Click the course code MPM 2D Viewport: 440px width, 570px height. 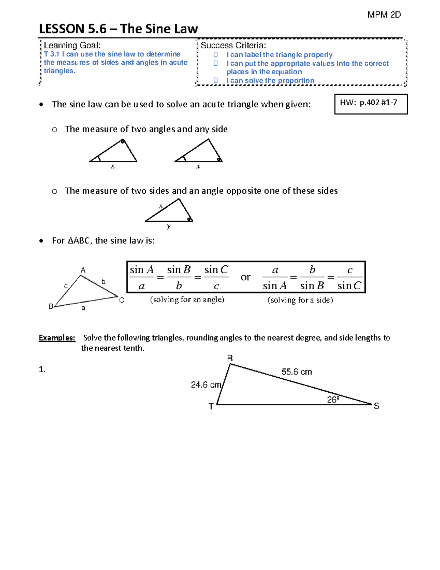tap(384, 15)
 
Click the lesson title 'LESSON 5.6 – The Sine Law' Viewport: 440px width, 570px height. tap(118, 29)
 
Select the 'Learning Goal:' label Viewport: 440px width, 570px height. tap(72, 45)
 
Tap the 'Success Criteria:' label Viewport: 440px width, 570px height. tap(233, 45)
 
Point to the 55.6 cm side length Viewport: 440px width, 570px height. tap(297, 372)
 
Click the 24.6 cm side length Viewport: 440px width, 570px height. tap(206, 385)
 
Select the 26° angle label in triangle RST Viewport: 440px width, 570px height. tap(333, 400)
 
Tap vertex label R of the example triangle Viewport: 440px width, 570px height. tap(230, 358)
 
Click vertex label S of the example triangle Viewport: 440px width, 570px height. tap(376, 406)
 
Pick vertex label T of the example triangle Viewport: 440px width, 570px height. tap(211, 406)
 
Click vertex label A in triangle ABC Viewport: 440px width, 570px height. tap(83, 270)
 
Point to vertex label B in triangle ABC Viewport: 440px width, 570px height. tap(51, 306)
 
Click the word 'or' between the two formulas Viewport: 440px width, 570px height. tap(245, 277)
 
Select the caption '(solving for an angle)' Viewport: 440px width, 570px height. tap(187, 299)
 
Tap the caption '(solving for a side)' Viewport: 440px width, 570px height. tap(300, 300)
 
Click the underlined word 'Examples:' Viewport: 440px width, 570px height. tap(57, 338)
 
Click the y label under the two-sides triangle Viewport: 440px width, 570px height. tap(168, 226)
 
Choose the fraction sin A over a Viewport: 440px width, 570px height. tap(142, 277)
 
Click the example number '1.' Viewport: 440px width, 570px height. tap(42, 369)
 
